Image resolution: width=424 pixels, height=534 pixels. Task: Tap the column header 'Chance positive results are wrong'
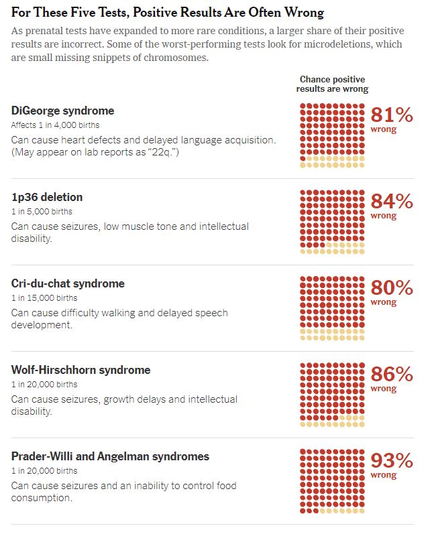coord(332,84)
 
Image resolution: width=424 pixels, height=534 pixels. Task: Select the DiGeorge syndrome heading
coord(62,111)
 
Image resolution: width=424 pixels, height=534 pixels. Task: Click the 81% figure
coord(392,115)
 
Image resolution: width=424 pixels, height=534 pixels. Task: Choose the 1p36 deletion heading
coord(47,197)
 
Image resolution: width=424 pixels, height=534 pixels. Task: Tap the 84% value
coord(392,202)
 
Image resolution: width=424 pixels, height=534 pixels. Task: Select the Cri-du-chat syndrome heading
coord(68,283)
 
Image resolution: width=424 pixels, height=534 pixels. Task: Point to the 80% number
coord(392,288)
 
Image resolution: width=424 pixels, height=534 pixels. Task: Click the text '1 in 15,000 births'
coord(44,298)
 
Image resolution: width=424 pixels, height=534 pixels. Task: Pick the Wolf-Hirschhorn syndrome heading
coord(81,370)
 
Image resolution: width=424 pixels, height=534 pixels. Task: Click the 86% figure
coord(392,375)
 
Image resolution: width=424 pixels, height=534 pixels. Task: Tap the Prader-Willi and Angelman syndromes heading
coord(110,456)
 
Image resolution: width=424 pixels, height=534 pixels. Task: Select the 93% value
coord(392,461)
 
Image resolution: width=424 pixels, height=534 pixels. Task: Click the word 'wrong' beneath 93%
coord(384,476)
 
